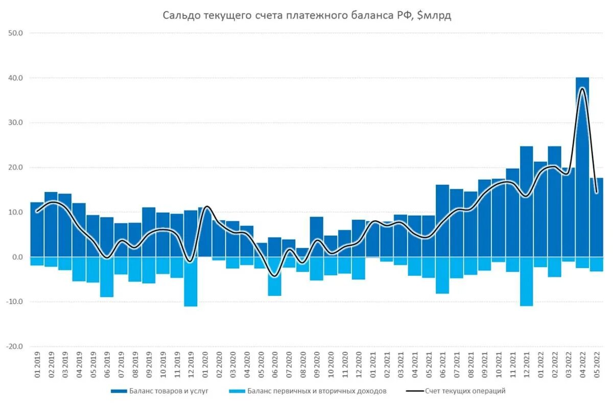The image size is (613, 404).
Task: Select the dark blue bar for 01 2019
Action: (37, 229)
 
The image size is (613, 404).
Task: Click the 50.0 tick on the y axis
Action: (16, 33)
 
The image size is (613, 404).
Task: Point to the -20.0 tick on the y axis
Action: (14, 346)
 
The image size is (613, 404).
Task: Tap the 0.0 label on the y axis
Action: (17, 257)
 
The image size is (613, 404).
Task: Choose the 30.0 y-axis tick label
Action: (16, 123)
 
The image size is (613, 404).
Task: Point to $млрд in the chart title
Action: (434, 16)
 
